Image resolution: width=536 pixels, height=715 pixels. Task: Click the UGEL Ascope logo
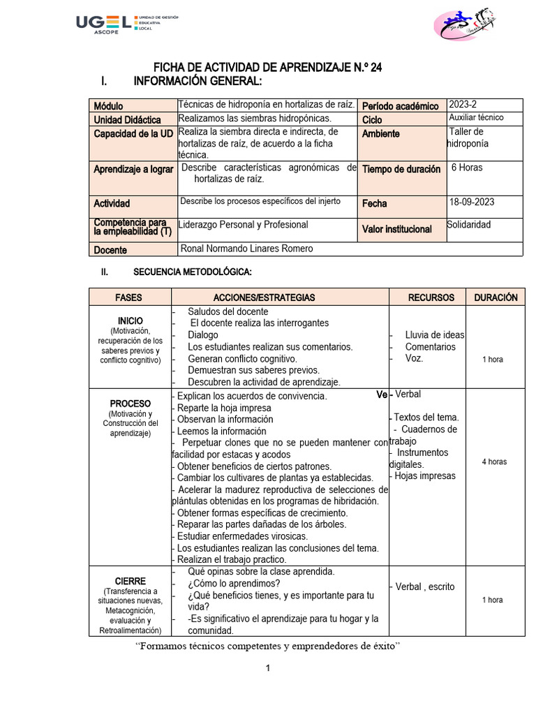(126, 24)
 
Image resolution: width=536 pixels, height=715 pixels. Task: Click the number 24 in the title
(376, 68)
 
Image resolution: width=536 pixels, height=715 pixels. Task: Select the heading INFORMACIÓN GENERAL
(198, 82)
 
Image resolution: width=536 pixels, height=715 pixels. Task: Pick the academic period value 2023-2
(464, 105)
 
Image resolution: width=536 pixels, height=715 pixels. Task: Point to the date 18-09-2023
(472, 202)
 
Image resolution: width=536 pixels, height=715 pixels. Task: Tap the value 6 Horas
(467, 168)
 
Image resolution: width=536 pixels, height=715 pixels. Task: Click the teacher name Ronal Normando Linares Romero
(246, 249)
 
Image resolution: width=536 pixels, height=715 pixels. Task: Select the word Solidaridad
(469, 225)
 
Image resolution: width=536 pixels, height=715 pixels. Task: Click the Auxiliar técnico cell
(477, 118)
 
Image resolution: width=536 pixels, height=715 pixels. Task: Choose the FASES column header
(128, 297)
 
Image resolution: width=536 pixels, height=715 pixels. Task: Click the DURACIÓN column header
(496, 297)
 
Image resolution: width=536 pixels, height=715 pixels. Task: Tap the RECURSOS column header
(431, 297)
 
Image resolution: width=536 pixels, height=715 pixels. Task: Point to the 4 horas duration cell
(494, 462)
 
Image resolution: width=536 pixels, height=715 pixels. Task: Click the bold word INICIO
(130, 320)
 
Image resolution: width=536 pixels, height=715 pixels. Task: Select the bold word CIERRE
(130, 581)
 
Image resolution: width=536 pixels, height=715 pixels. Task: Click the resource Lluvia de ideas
(434, 335)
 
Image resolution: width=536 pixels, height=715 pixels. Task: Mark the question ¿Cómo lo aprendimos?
(234, 584)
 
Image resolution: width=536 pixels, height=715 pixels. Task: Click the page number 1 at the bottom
(267, 668)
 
